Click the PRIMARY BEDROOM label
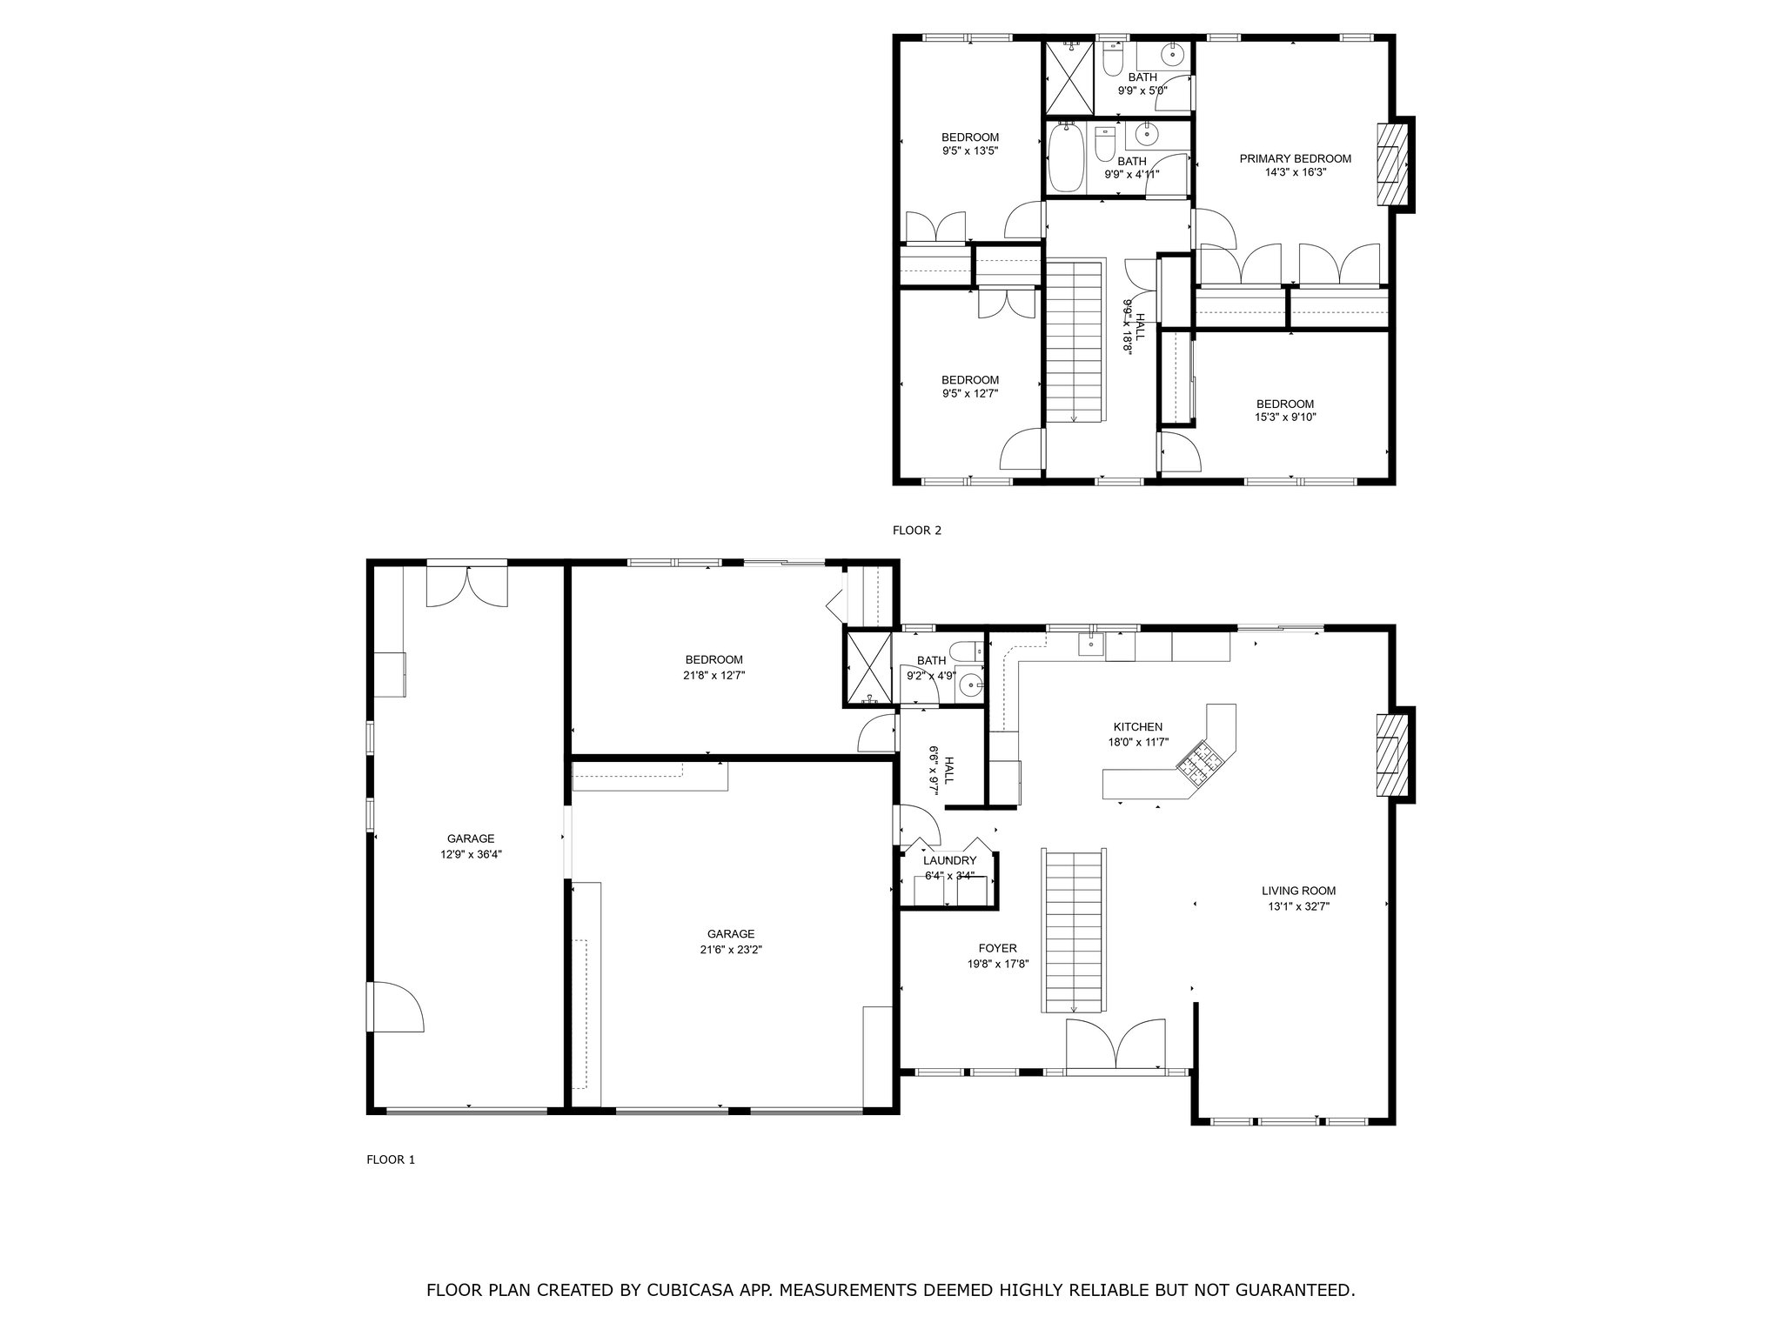point(1295,159)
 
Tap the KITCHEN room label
point(1138,727)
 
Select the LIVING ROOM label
point(1298,891)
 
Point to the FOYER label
point(997,948)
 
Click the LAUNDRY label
point(949,861)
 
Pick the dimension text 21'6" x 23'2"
point(731,950)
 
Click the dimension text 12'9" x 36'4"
point(471,854)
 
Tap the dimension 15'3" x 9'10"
point(1284,417)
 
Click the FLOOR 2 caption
point(917,531)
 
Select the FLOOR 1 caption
point(391,1159)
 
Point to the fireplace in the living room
point(1391,755)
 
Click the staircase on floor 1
point(1075,932)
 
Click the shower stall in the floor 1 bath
point(868,668)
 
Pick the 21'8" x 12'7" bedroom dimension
point(714,675)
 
